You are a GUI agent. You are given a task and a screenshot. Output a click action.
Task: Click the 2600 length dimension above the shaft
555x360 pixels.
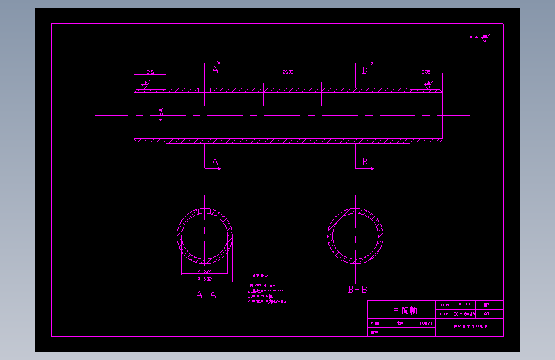pyautogui.click(x=288, y=72)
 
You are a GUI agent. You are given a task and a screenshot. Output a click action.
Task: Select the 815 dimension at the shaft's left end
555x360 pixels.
pyautogui.click(x=150, y=72)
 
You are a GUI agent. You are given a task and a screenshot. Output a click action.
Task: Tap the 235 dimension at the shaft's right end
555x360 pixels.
pyautogui.click(x=426, y=72)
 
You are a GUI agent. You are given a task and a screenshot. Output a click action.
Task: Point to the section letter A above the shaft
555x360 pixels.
pyautogui.click(x=215, y=70)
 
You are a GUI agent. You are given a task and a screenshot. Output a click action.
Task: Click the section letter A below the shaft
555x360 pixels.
pyautogui.click(x=215, y=163)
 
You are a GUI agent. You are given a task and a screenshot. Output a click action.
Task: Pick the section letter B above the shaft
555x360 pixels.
pyautogui.click(x=365, y=70)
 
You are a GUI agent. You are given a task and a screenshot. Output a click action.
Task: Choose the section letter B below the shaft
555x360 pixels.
pyautogui.click(x=365, y=162)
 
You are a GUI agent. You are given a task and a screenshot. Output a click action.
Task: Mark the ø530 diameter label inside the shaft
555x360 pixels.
pyautogui.click(x=161, y=113)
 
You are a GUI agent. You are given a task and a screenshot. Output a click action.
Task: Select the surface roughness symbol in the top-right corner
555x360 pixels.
pyautogui.click(x=486, y=38)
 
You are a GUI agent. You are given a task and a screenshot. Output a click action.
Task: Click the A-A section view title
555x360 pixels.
pyautogui.click(x=206, y=295)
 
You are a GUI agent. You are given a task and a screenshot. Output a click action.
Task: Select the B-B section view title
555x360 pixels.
pyautogui.click(x=357, y=290)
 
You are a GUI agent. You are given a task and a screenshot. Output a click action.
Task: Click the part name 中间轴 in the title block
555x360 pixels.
pyautogui.click(x=405, y=311)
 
